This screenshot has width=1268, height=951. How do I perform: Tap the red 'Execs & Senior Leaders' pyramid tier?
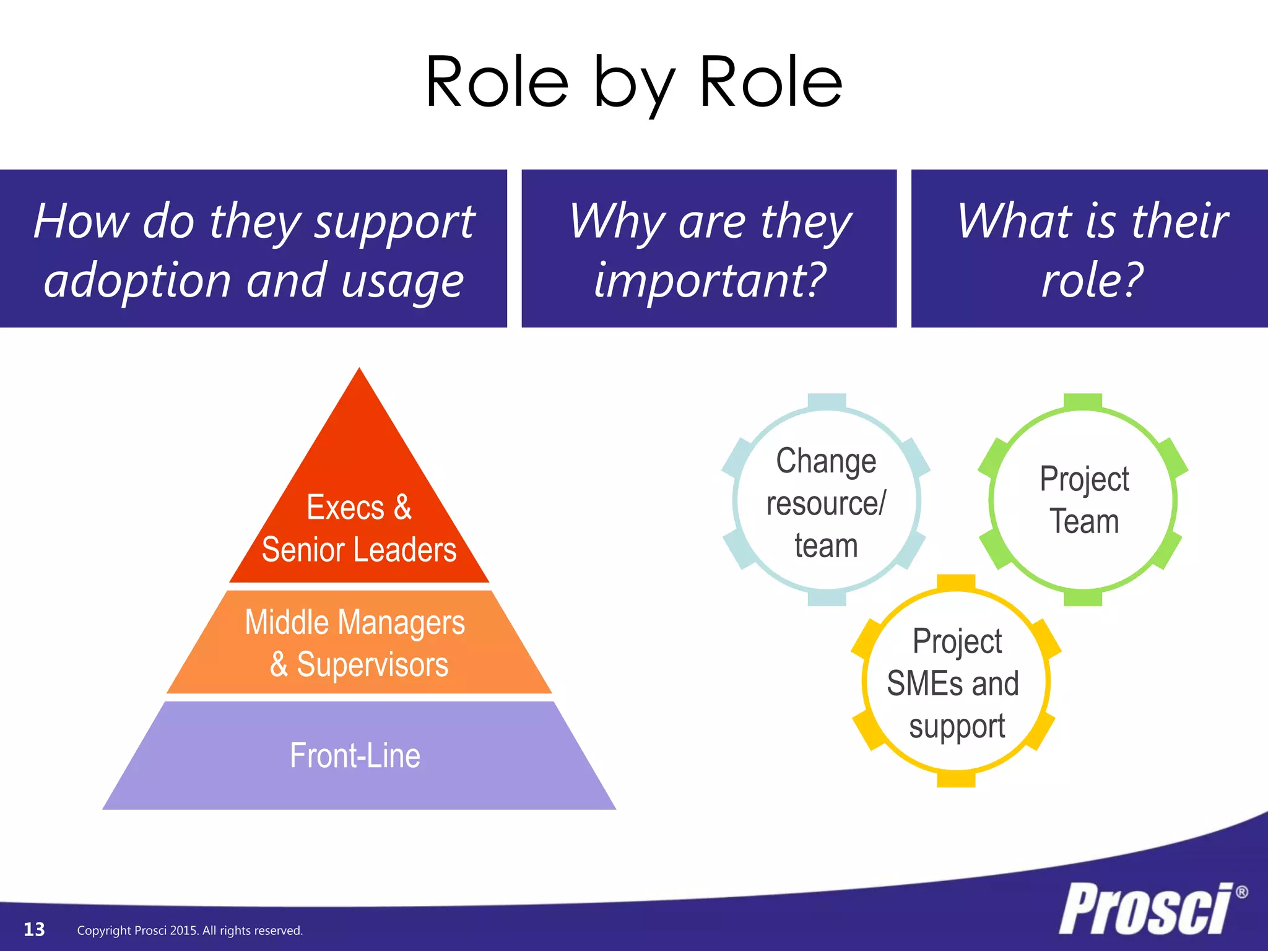[x=359, y=526]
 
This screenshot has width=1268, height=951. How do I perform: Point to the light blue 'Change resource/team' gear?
[x=826, y=502]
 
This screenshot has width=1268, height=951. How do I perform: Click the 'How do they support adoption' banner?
[x=253, y=248]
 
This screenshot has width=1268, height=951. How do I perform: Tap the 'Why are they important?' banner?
[x=709, y=248]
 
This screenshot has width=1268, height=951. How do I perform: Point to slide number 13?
[x=34, y=929]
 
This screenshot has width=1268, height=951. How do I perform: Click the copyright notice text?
[x=189, y=931]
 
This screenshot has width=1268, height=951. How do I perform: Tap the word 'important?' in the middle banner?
[x=710, y=280]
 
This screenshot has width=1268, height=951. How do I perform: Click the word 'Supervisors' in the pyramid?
[x=373, y=664]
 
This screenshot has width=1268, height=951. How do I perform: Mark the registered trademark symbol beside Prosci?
[x=1241, y=892]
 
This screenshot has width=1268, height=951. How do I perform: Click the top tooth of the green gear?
[x=1083, y=401]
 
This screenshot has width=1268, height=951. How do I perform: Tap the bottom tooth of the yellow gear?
[x=956, y=779]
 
